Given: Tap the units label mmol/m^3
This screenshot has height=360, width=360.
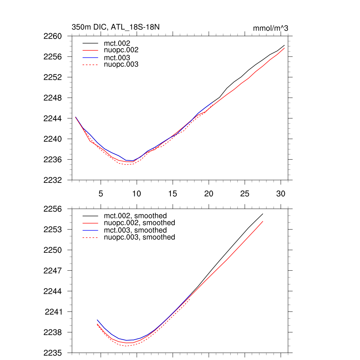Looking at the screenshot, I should pos(270,28).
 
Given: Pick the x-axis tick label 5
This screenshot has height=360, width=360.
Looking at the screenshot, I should pos(101,193).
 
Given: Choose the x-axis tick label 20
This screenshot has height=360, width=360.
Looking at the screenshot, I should pos(209,193).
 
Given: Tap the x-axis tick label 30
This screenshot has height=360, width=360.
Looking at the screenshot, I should pos(281,193).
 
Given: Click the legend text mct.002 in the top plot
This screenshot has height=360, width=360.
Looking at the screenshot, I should pos(119,43).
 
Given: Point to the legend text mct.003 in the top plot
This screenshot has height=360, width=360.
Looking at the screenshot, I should pos(119,58).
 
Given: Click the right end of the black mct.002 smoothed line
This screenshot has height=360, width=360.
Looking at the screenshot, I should pos(263,214).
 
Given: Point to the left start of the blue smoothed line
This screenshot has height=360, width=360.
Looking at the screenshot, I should pos(97,320).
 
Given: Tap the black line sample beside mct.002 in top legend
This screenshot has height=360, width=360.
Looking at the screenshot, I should pos(90,43).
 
